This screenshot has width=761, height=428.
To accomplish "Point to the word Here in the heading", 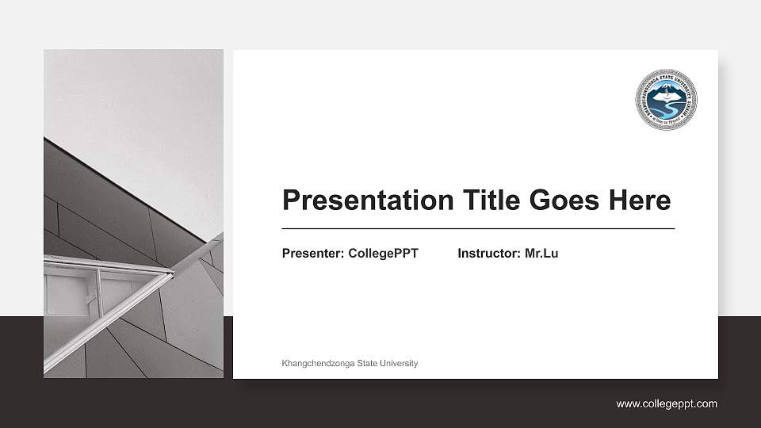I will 639,200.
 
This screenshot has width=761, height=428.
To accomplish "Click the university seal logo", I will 666,100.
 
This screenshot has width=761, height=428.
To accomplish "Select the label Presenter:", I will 313,254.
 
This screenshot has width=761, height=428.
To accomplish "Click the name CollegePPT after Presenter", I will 383,254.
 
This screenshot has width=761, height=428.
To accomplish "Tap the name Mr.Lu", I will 541,254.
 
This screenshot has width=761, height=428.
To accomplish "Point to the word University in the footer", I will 399,363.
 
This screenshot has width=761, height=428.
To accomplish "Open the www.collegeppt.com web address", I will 667,404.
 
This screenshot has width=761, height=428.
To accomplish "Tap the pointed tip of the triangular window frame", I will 172,274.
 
